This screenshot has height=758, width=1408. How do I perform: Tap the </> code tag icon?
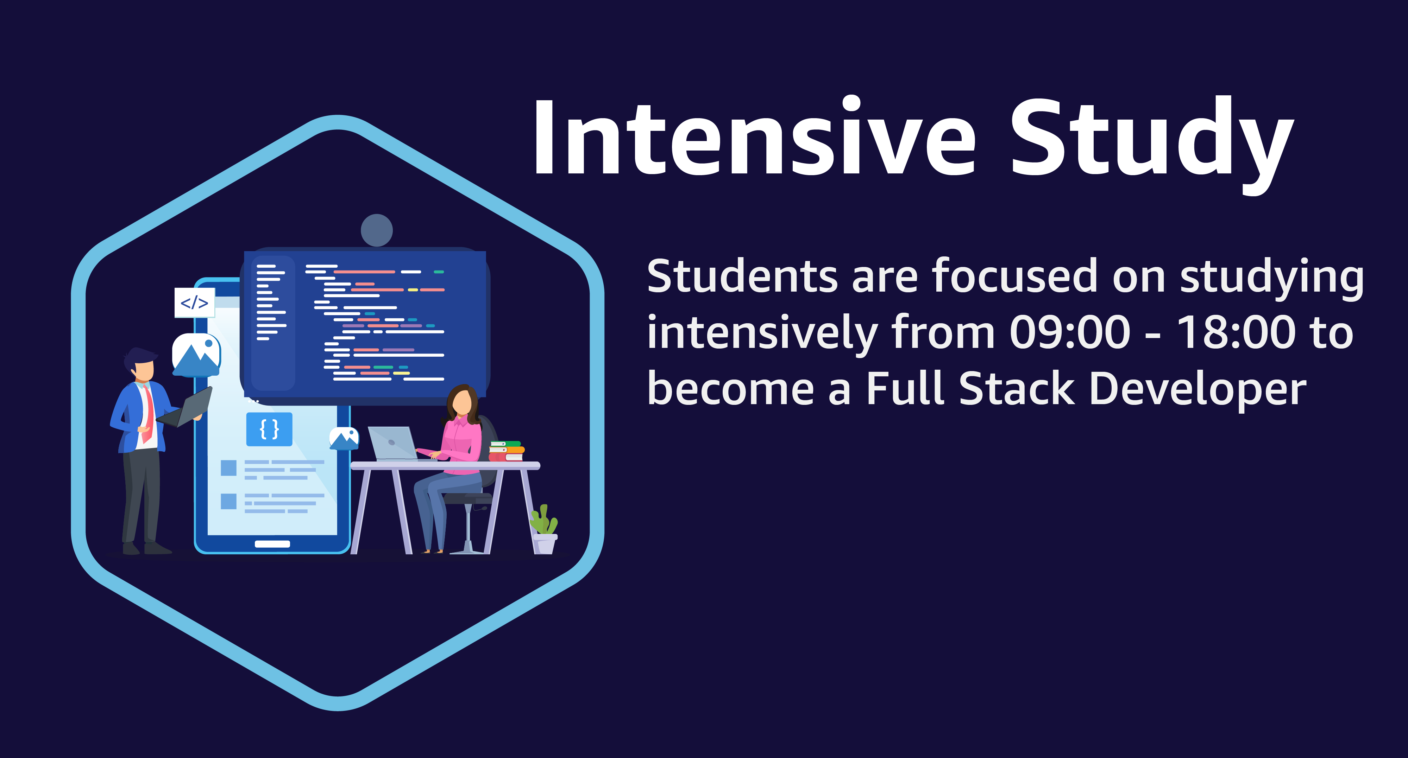coord(195,302)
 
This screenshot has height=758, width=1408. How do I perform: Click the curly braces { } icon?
coord(270,429)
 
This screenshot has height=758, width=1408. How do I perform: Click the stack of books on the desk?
coord(506,451)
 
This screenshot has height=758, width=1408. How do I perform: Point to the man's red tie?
coord(147,415)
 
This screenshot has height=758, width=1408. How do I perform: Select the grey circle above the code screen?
coord(377,230)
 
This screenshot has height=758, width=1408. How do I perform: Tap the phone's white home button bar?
coord(272,544)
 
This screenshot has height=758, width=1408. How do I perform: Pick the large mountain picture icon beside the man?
coord(196,355)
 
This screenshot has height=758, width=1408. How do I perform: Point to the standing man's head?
coord(142,365)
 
